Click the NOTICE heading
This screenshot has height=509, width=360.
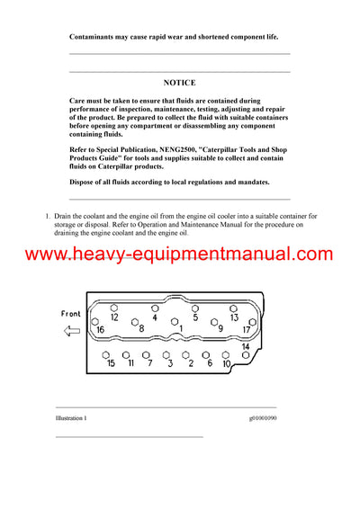[x=179, y=82]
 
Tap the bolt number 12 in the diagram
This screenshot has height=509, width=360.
[x=114, y=317]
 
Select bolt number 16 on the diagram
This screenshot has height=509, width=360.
[x=100, y=330]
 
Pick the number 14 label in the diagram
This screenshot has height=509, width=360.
[x=246, y=347]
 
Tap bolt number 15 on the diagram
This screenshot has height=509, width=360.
[x=111, y=363]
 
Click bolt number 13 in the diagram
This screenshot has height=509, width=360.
[x=234, y=317]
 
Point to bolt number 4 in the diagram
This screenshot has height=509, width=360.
[x=155, y=317]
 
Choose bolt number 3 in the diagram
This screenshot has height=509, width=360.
[x=170, y=363]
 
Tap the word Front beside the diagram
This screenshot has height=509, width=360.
[x=70, y=314]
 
